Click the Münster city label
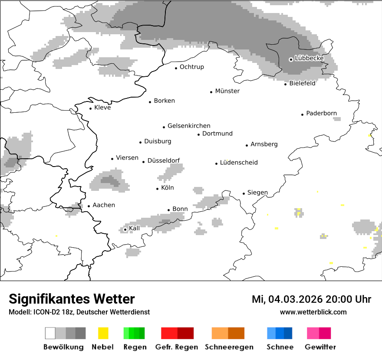pyautogui.click(x=227, y=91)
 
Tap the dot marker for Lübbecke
pyautogui.click(x=291, y=59)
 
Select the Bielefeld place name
pyautogui.click(x=302, y=83)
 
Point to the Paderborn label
pyautogui.click(x=321, y=113)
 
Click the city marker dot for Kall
pyautogui.click(x=125, y=229)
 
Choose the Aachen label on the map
pyautogui.click(x=104, y=205)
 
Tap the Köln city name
pyautogui.click(x=167, y=188)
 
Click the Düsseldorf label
pyautogui.click(x=164, y=160)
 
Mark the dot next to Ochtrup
pyautogui.click(x=176, y=68)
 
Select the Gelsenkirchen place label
pyautogui.click(x=189, y=126)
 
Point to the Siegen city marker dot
pyautogui.click(x=244, y=194)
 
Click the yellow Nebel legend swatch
pyautogui.click(x=103, y=333)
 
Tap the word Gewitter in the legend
pyautogui.click(x=320, y=347)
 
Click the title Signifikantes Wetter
pyautogui.click(x=72, y=299)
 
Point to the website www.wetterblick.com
pyautogui.click(x=313, y=312)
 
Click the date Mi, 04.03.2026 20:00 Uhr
pyautogui.click(x=311, y=299)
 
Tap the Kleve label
pyautogui.click(x=102, y=108)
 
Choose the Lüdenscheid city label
pyautogui.click(x=239, y=163)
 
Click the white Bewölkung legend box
pyautogui.click(x=50, y=333)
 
